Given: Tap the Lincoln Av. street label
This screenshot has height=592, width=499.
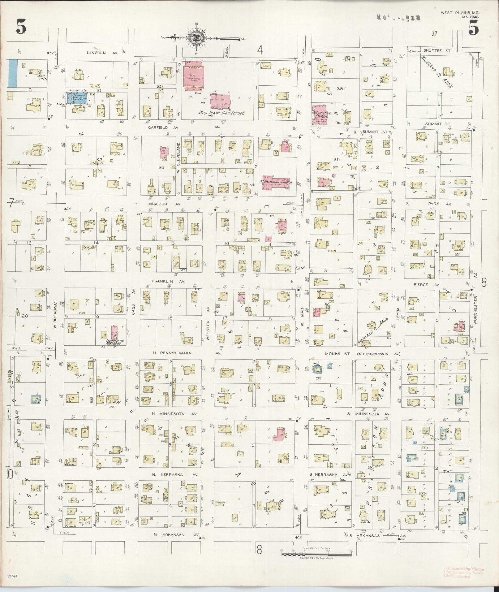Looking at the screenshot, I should tap(96, 53).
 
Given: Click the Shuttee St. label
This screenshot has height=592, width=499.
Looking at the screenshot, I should tap(433, 51).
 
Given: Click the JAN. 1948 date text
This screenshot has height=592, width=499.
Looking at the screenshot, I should tap(469, 17).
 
